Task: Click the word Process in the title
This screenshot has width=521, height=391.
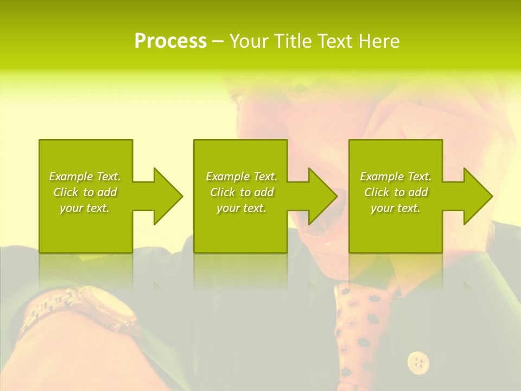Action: (170, 41)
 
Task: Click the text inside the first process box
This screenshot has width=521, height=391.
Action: (85, 192)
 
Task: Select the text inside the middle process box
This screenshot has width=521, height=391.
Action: (241, 192)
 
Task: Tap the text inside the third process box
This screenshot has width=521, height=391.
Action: (396, 192)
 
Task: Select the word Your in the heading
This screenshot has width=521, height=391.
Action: (248, 41)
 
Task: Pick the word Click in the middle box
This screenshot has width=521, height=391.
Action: (223, 192)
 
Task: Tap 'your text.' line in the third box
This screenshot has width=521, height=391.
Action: (396, 208)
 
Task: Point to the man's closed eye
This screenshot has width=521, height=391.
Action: (239, 99)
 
